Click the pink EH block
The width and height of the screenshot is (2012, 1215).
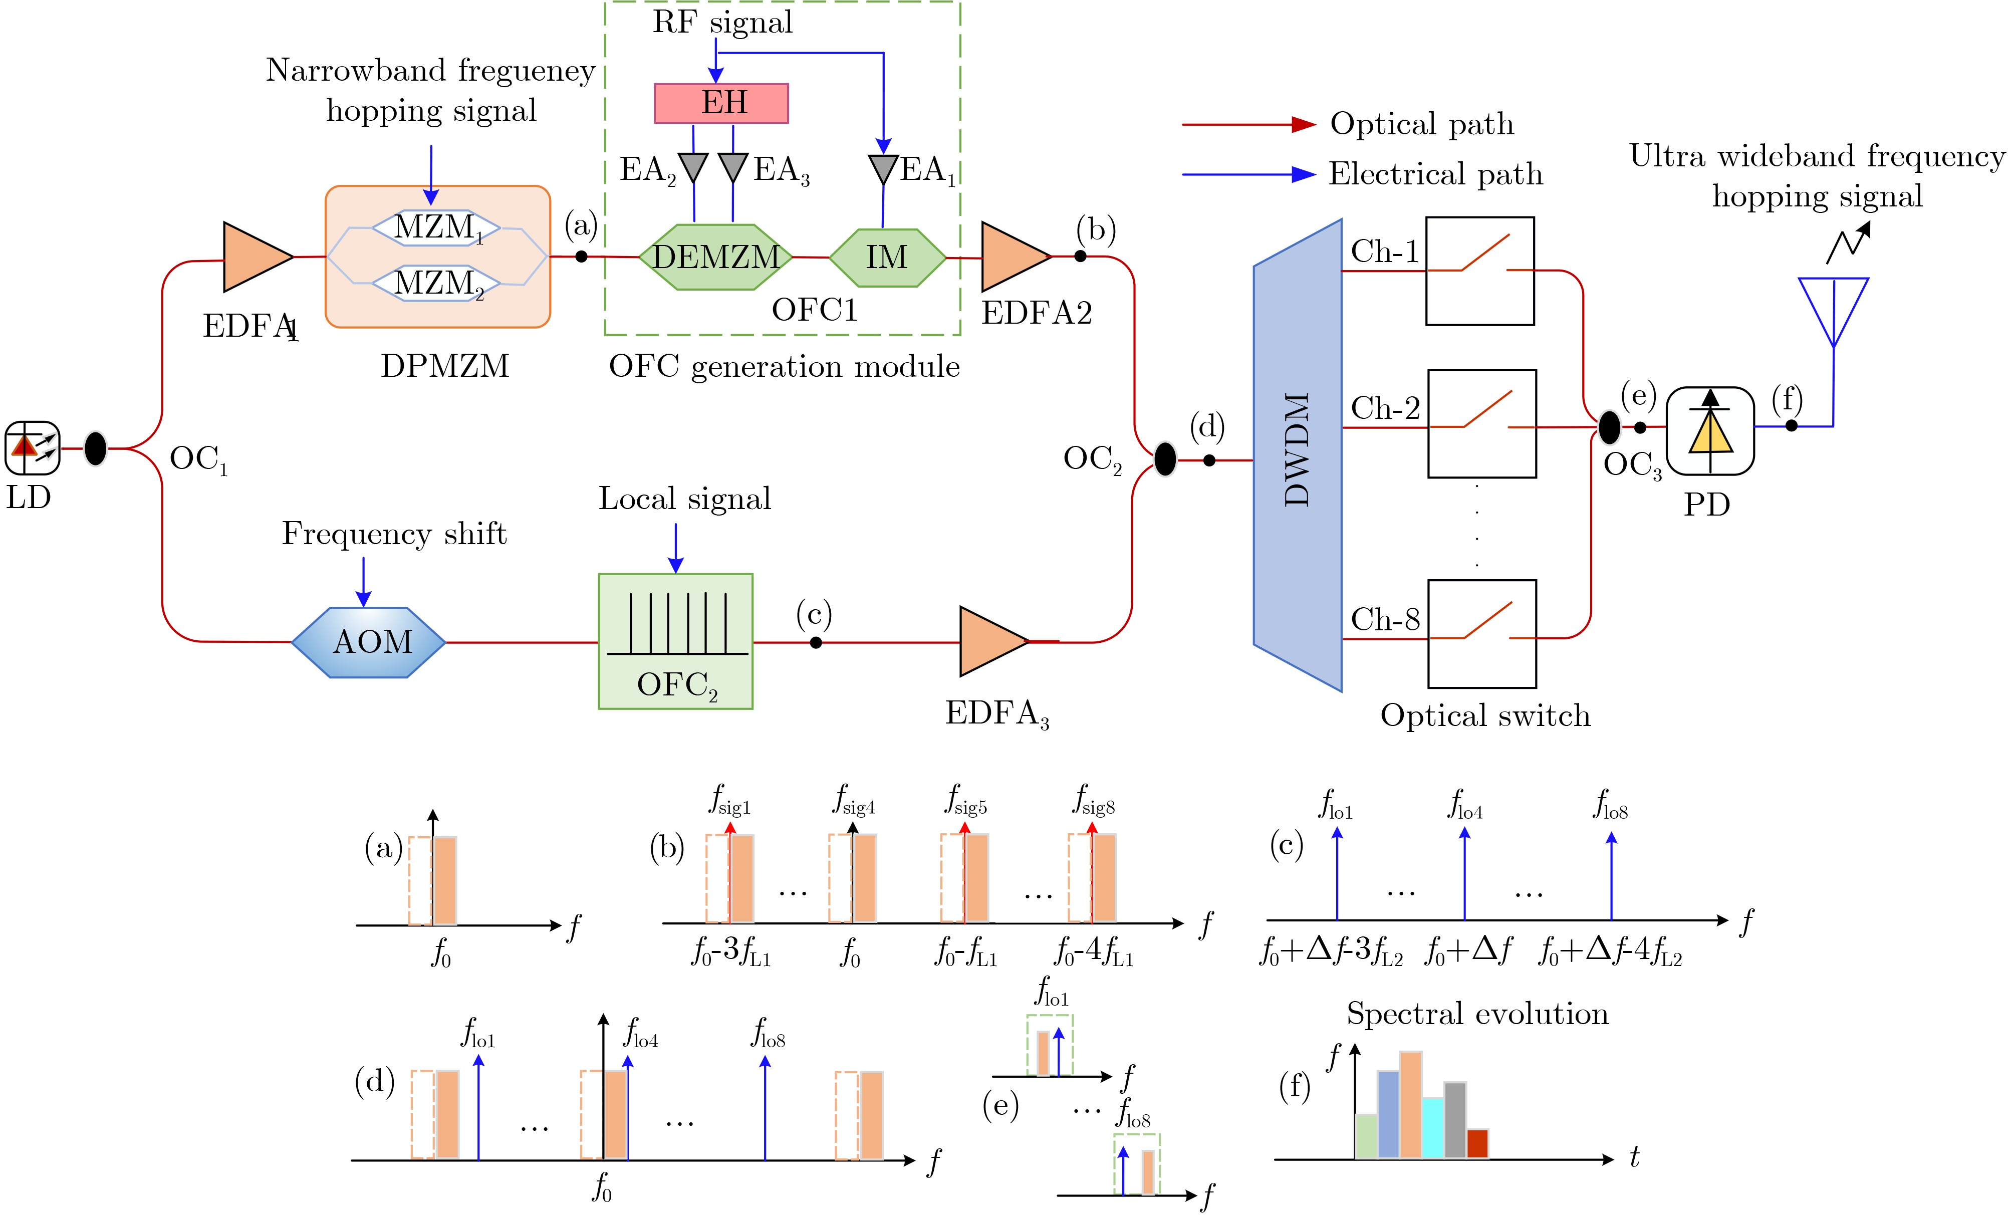point(721,103)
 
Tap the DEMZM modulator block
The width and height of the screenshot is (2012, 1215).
point(715,257)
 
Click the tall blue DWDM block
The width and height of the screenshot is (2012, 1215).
point(1298,455)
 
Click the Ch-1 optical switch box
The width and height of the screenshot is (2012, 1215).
point(1479,270)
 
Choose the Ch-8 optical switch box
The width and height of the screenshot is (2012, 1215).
point(1481,634)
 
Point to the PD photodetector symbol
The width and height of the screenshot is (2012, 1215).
point(1710,430)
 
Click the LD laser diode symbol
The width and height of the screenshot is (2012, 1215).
point(33,447)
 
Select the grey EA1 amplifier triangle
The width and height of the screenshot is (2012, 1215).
point(883,169)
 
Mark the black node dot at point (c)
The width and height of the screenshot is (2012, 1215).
point(816,643)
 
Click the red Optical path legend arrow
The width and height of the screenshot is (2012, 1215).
point(1249,125)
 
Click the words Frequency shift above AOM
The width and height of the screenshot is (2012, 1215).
point(394,534)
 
